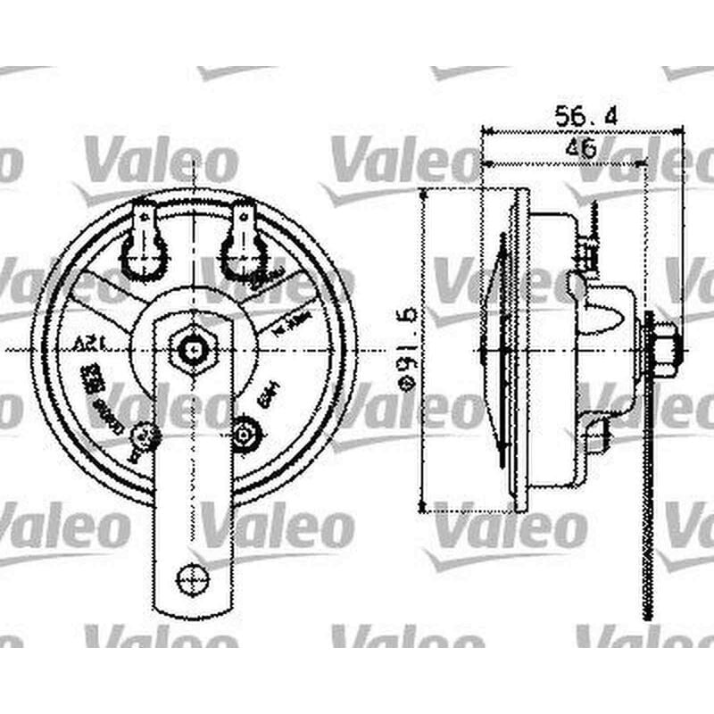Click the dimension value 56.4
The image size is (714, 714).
click(x=586, y=116)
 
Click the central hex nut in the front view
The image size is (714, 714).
click(x=192, y=349)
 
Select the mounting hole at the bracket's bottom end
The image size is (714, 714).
click(x=192, y=579)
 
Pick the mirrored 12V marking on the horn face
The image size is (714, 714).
click(x=86, y=344)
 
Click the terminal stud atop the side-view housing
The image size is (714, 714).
click(x=590, y=241)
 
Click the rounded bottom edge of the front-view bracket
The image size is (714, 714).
click(x=192, y=610)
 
